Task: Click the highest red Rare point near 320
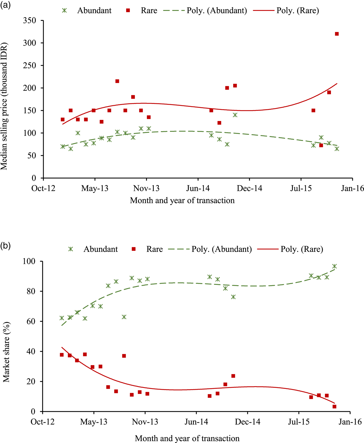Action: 337,34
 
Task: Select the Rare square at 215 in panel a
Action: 117,81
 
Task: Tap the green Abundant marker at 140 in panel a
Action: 235,115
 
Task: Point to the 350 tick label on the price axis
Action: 29,21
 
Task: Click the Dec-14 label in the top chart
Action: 249,188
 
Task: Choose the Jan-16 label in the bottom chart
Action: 350,422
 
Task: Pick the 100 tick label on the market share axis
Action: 29,261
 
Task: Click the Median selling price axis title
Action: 4,106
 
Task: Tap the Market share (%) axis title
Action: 6,352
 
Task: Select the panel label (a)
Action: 5,5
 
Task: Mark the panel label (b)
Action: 5,245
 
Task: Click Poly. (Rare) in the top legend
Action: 297,11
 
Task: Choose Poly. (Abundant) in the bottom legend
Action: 222,249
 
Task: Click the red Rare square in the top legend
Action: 128,11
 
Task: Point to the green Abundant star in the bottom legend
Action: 71,249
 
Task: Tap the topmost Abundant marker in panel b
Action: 334,266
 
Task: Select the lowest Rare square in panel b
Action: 334,406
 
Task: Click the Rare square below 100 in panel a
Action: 321,145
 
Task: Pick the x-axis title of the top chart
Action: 182,200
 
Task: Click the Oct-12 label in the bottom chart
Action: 43,422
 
